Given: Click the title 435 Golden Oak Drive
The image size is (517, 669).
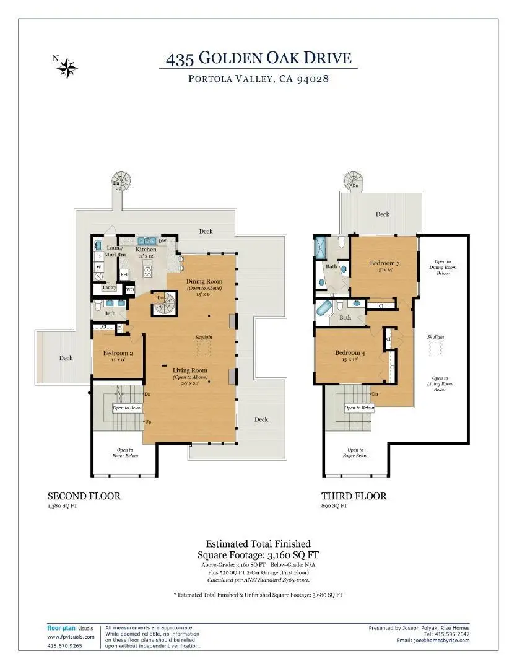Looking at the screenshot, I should [x=258, y=59].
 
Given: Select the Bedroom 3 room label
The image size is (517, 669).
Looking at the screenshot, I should [x=384, y=263].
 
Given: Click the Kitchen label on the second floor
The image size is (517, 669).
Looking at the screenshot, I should [x=146, y=250].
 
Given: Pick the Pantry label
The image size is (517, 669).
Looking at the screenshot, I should [x=109, y=287].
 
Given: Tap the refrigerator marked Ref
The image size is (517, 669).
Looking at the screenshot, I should [x=124, y=274].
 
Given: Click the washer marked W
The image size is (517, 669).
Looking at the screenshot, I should [x=98, y=268].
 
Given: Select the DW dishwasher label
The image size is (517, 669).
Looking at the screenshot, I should [x=162, y=241].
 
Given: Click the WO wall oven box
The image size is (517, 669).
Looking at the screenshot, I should [x=130, y=289].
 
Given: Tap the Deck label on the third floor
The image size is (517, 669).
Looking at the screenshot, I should [x=383, y=214].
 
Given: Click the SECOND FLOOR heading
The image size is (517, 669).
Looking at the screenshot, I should [x=84, y=496].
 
